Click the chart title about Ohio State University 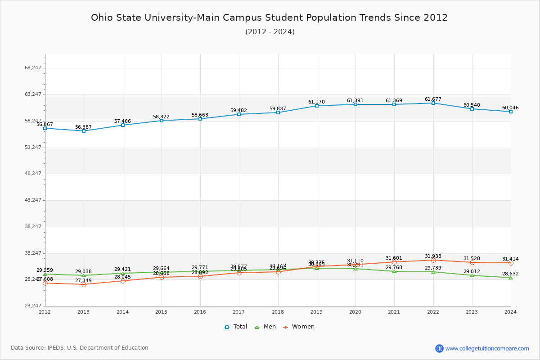click(269, 18)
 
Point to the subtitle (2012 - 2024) click(270, 31)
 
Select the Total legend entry click(236, 327)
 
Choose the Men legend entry click(265, 327)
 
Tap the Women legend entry click(299, 327)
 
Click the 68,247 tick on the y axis click(33, 68)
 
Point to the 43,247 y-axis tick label click(33, 200)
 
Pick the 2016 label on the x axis click(200, 312)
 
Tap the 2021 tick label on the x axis click(394, 312)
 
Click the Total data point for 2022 click(433, 103)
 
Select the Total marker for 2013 click(84, 131)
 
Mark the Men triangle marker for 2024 click(511, 278)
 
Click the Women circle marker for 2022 click(433, 260)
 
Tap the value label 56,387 click(83, 127)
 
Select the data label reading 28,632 click(510, 274)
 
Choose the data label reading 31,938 click(433, 256)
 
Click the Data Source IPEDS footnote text click(80, 348)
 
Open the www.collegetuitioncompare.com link click(487, 348)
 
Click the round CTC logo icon click(439, 348)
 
